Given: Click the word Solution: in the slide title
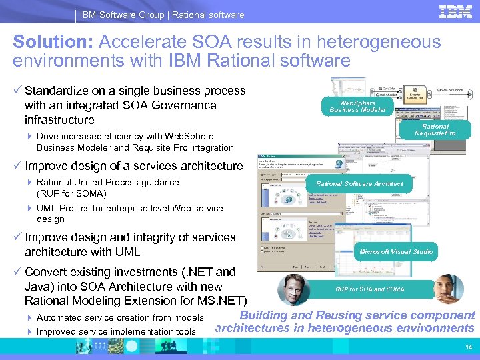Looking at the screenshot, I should (x=53, y=43).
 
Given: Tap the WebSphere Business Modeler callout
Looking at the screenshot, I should (x=357, y=107).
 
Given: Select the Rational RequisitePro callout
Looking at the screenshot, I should (x=435, y=130).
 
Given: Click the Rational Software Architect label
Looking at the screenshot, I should (x=359, y=183).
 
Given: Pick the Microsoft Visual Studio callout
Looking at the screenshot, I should (x=395, y=252).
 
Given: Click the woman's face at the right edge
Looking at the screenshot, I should (x=449, y=288).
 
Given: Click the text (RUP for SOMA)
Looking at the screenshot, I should (x=71, y=193).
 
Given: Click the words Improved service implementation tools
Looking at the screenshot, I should (x=116, y=331).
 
